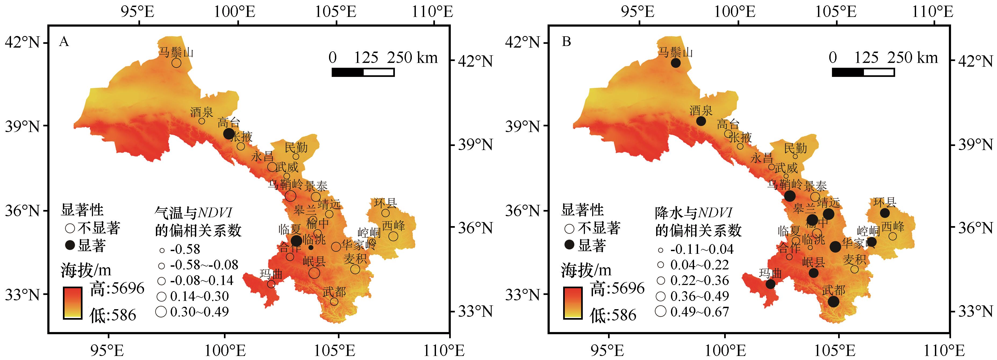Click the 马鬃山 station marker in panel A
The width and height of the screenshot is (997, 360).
click(177, 63)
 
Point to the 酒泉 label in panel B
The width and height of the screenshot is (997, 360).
click(701, 111)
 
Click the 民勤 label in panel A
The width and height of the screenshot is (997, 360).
click(296, 148)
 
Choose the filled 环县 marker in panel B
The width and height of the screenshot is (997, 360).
click(885, 213)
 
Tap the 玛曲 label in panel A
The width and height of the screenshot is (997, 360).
click(271, 274)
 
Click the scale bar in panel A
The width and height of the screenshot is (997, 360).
click(363, 72)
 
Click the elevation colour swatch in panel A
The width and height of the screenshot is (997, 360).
click(72, 303)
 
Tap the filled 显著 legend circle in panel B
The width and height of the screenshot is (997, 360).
click(569, 245)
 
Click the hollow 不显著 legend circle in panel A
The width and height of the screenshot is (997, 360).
click(70, 228)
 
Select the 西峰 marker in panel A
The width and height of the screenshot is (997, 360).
click(393, 236)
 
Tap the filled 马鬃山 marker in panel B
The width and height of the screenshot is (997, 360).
click(676, 63)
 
